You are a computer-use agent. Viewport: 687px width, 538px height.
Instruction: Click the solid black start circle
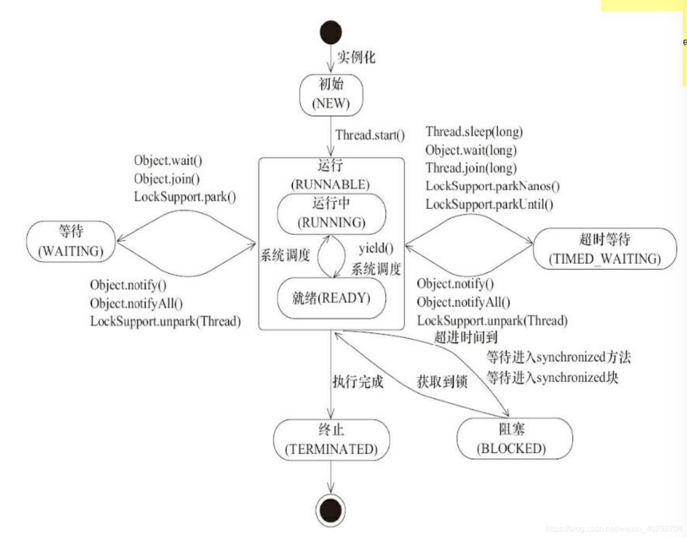pos(330,32)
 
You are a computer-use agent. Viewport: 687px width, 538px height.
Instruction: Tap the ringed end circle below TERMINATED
pos(330,510)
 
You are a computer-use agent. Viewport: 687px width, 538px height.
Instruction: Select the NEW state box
pos(331,94)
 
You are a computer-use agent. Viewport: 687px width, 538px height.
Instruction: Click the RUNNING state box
pos(331,213)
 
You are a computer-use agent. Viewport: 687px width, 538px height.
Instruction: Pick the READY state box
pos(331,298)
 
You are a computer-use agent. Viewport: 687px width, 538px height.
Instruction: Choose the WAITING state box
pos(71,241)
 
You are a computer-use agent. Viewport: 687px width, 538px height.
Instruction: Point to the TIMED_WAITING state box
pos(605,249)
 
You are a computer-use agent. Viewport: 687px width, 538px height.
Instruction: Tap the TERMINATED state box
pos(331,440)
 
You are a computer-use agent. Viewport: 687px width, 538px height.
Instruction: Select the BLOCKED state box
pos(514,439)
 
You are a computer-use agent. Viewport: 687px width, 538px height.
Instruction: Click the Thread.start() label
pos(370,135)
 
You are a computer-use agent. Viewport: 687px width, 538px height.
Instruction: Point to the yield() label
pos(376,248)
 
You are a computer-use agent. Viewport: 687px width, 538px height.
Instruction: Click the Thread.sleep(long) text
pos(474,131)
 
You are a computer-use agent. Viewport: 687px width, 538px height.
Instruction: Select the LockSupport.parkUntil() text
pos(489,204)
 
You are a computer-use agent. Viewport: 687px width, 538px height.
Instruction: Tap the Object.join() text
pos(166,179)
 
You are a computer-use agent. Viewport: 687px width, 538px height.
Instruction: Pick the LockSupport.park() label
pos(185,197)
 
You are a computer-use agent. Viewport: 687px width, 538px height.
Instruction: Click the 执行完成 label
pos(358,381)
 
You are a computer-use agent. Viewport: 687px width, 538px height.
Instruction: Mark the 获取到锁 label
pos(442,381)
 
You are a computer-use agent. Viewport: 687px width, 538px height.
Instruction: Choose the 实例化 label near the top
pos(356,57)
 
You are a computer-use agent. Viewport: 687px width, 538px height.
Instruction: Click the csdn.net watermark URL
pos(614,528)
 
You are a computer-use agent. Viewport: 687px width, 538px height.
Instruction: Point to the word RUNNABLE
pos(330,184)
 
